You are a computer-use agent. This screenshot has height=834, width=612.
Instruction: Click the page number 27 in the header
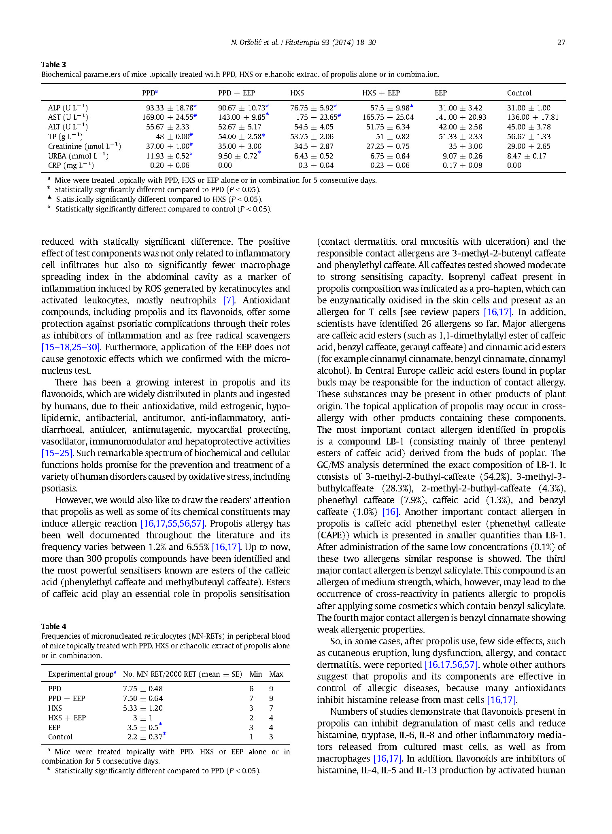561,42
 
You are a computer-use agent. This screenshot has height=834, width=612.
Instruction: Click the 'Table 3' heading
53,65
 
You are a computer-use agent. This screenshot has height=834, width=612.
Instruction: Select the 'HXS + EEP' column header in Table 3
381,93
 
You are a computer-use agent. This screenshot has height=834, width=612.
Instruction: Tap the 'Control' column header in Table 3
519,93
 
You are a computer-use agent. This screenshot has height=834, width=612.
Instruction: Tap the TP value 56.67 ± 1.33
529,137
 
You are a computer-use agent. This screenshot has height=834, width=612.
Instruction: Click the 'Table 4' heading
53,627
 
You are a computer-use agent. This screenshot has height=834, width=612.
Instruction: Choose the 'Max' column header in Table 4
276,674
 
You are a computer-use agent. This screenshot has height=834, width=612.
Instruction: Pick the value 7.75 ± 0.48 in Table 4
143,689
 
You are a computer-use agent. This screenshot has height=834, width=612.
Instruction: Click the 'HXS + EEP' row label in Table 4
67,718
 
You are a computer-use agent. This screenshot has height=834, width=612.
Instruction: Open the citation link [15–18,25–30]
71,347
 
